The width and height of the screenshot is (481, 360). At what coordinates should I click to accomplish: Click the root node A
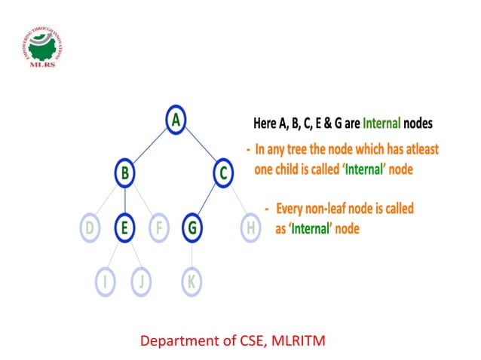tap(176, 121)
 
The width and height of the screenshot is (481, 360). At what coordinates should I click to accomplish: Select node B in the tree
tap(124, 174)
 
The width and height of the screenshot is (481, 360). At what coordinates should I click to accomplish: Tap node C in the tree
tap(222, 174)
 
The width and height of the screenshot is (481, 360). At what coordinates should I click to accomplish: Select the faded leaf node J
tap(140, 282)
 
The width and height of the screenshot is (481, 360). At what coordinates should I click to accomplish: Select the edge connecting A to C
tap(199, 147)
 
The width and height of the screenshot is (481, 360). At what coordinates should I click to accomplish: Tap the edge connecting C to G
tap(207, 200)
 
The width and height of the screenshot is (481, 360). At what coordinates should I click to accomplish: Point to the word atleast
tap(415, 149)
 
